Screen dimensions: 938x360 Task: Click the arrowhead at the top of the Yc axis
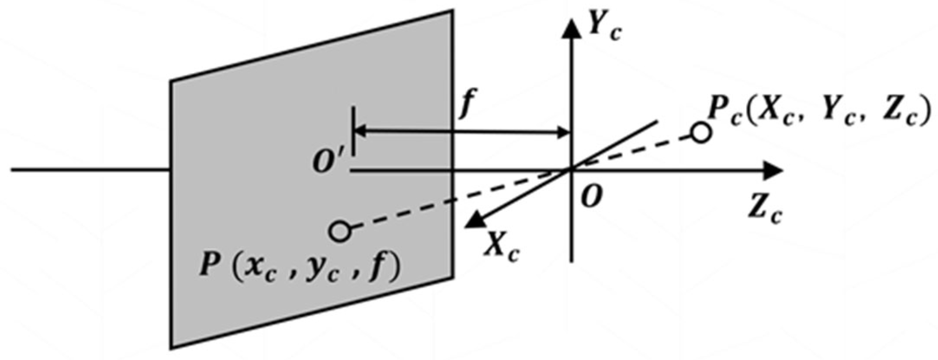(571, 28)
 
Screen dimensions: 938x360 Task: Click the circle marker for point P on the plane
(340, 231)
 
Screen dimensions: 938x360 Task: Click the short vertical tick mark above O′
(353, 132)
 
